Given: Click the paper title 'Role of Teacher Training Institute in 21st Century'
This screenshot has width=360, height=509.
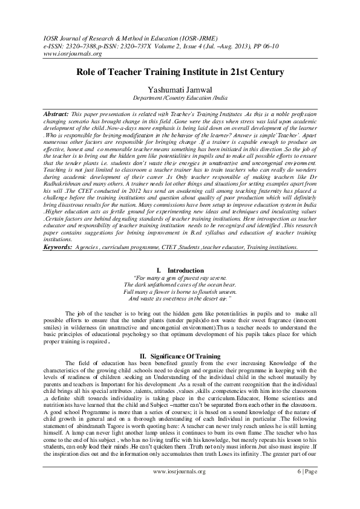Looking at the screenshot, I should pyautogui.click(x=180, y=72).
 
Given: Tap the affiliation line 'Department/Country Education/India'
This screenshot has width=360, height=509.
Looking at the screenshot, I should pyautogui.click(x=180, y=97).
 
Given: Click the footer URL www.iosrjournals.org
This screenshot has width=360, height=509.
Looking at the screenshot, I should pyautogui.click(x=180, y=488).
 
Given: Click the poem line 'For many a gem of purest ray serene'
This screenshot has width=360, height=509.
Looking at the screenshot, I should pyautogui.click(x=180, y=277).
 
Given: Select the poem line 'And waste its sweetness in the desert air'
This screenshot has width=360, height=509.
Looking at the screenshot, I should pyautogui.click(x=180, y=299).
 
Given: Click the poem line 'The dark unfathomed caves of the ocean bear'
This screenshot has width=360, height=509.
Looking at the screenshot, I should pyautogui.click(x=180, y=284).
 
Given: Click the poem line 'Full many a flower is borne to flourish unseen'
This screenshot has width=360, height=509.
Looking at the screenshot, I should pyautogui.click(x=180, y=291).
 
